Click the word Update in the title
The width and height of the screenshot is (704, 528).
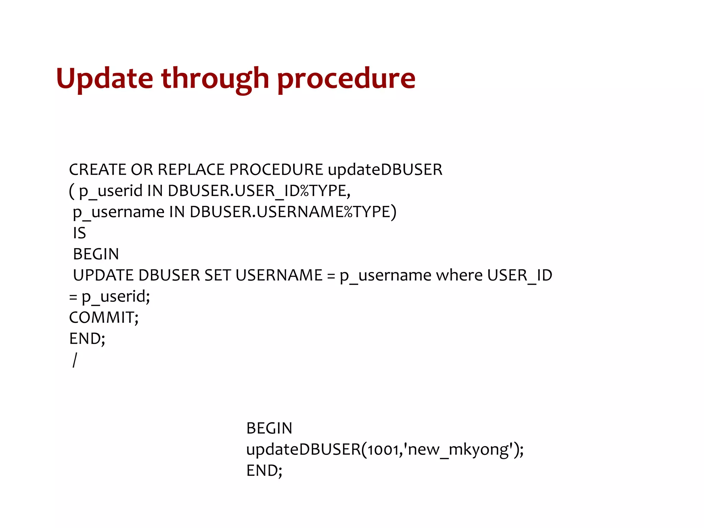104,79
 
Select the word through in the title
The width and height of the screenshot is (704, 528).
215,79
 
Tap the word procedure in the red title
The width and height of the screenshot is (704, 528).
346,79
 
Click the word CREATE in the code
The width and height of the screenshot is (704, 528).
98,169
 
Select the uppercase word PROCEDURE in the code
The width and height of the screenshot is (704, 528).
276,169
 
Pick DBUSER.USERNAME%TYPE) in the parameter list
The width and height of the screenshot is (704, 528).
293,212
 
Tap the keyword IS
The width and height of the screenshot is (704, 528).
79,233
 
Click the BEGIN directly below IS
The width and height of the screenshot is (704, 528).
96,254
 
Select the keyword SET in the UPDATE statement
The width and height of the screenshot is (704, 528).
218,275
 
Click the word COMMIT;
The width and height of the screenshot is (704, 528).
104,318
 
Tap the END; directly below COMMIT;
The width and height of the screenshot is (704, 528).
87,339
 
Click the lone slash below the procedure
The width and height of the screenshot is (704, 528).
75,360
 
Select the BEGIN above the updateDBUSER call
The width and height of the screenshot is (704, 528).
269,428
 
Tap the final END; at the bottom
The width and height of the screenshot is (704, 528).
264,471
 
